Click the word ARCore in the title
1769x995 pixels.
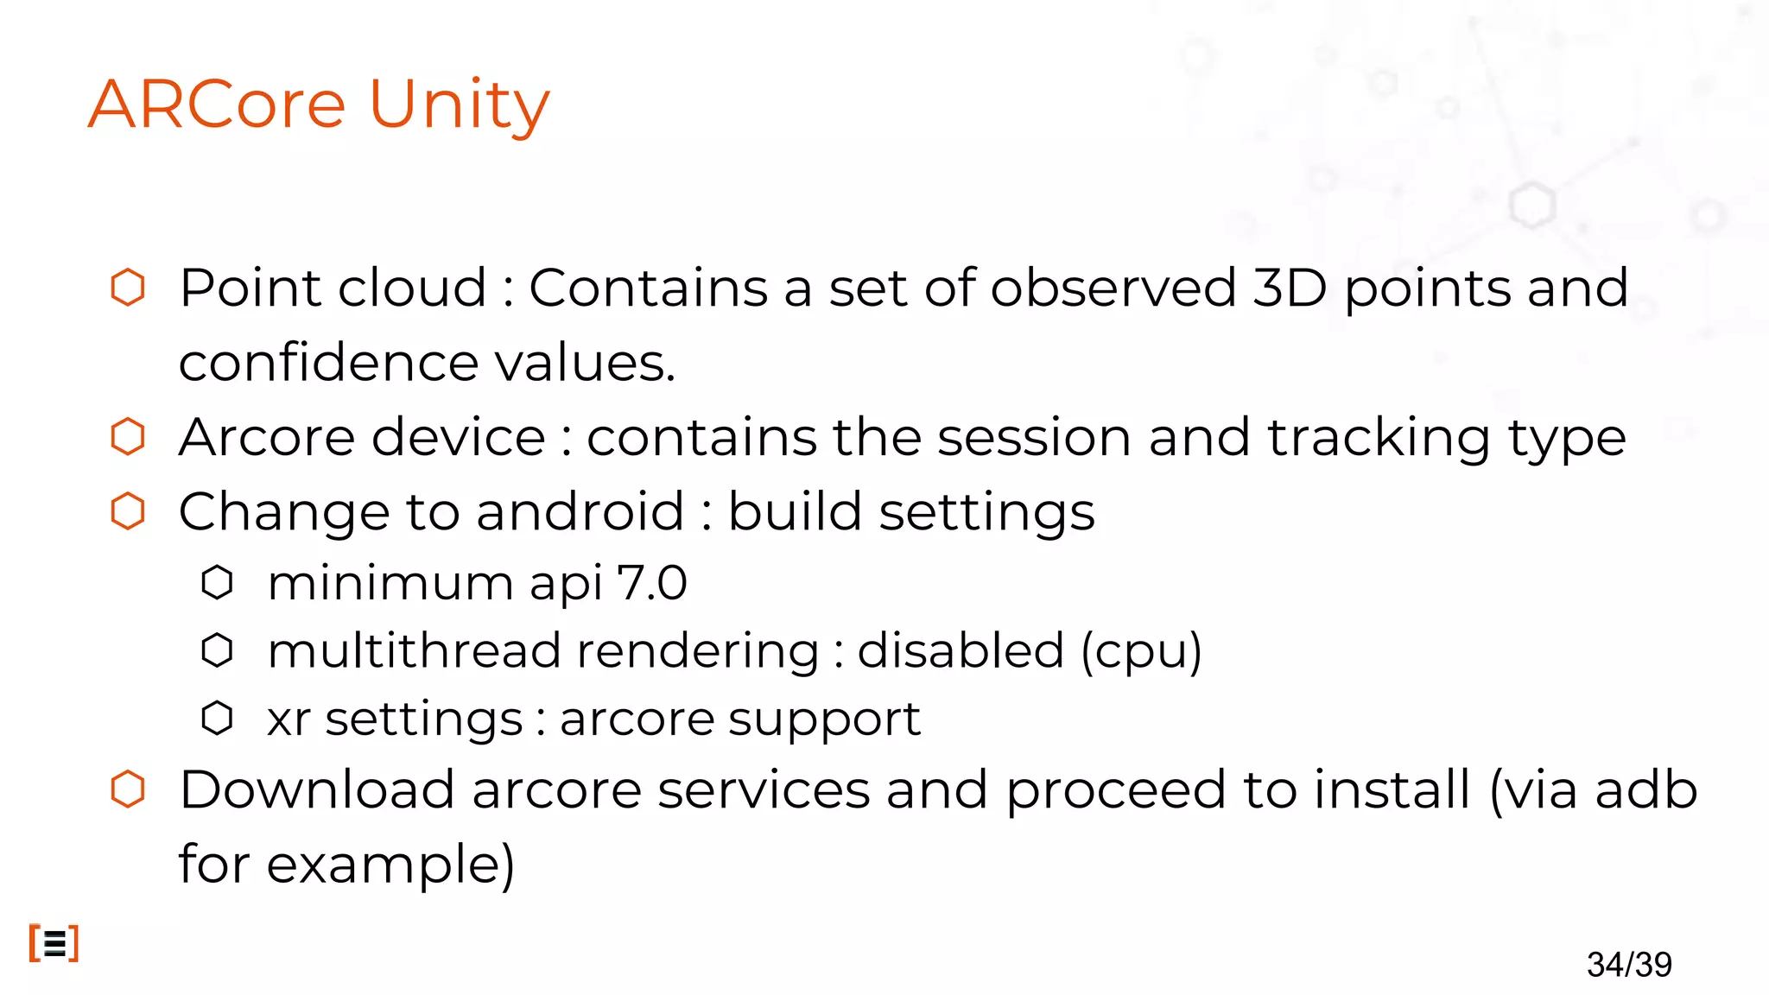tap(217, 105)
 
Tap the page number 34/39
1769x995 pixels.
tap(1629, 964)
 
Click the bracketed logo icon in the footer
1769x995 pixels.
tap(54, 943)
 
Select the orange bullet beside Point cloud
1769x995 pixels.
tap(128, 288)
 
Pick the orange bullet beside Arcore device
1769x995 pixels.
tap(128, 436)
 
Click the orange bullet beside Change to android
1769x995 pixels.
tap(128, 511)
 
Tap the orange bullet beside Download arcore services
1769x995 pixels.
tap(128, 789)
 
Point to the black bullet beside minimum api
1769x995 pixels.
tap(217, 582)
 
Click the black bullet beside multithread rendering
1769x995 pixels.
tap(217, 650)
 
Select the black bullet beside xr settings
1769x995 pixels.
tap(217, 718)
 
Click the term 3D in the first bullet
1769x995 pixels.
tap(1289, 288)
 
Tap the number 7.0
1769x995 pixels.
tap(652, 582)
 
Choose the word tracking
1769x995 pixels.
tap(1379, 438)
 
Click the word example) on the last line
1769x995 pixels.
tap(390, 865)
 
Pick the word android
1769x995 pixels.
tap(580, 511)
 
